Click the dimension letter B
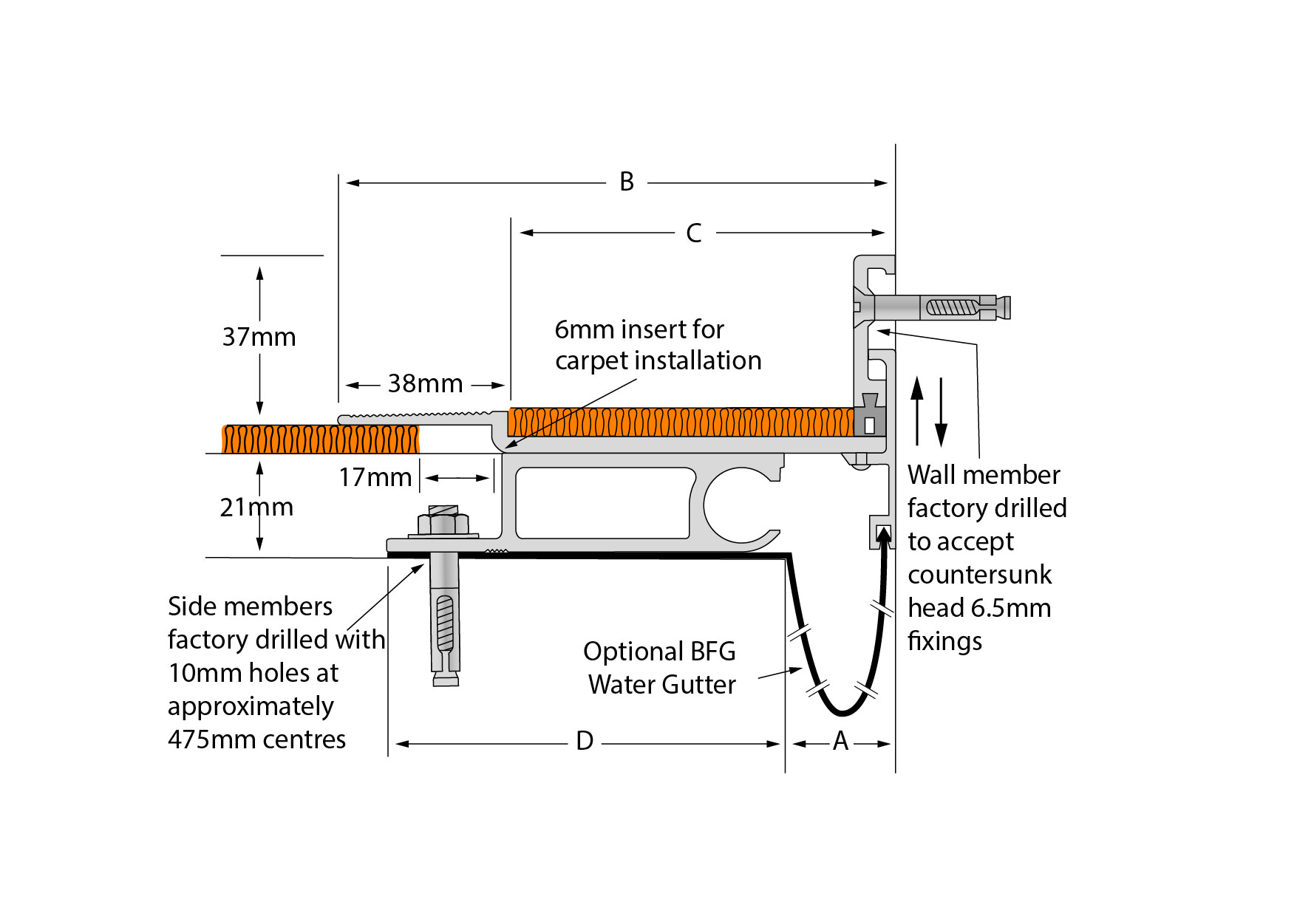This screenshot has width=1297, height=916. point(627,182)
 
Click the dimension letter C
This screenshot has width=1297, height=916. point(693,233)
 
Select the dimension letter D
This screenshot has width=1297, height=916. point(585,741)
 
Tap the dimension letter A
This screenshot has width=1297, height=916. point(840,741)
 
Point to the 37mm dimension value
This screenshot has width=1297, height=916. point(259,337)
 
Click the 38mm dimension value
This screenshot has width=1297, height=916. point(425,383)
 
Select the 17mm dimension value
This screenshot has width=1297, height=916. point(375,477)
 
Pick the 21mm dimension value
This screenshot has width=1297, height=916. point(256,507)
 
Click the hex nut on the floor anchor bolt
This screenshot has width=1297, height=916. point(443,524)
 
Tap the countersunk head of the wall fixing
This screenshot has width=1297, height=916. point(862,306)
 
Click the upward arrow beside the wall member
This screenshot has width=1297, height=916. point(917,411)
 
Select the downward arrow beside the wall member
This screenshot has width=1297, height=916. point(941,412)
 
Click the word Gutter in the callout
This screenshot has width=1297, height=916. point(701,685)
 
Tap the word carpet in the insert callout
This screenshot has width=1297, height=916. point(592,361)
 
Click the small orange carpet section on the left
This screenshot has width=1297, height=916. point(321,439)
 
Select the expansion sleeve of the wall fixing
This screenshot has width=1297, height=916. point(964,307)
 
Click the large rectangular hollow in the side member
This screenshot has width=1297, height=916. point(604,502)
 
